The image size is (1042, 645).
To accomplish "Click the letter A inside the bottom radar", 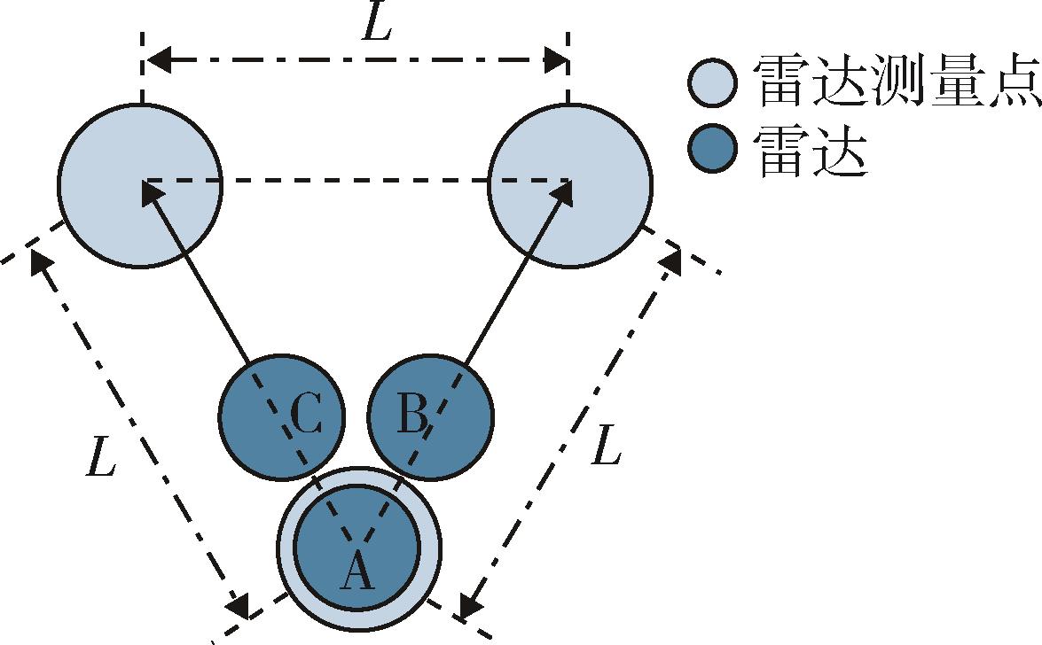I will click(x=356, y=571).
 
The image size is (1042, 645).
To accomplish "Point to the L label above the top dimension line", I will click(x=376, y=27).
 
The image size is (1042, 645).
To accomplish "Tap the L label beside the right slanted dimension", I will click(x=606, y=446).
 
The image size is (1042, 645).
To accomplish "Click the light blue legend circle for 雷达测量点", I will click(x=712, y=82).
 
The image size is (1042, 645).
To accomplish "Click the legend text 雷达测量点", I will click(x=896, y=82).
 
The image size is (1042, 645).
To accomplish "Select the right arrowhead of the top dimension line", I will click(x=555, y=60).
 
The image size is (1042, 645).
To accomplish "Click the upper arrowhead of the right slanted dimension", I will click(x=670, y=262).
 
